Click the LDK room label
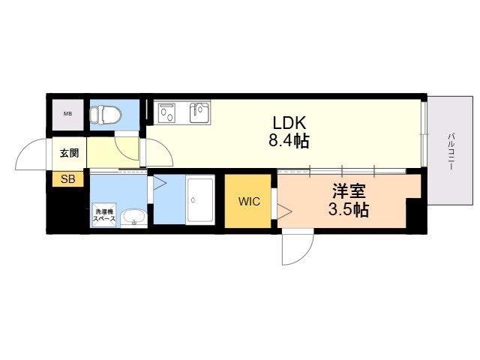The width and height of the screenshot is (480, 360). [289, 123]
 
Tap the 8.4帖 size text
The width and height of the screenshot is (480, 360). [289, 141]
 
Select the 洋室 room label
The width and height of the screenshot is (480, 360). [349, 192]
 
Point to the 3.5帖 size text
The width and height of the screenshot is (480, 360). [349, 210]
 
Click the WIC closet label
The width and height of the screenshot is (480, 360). [249, 202]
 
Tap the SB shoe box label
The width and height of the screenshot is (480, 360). [67, 178]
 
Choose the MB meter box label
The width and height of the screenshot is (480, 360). [67, 113]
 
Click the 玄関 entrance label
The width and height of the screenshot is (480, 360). [69, 153]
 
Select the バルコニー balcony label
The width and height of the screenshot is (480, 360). [451, 151]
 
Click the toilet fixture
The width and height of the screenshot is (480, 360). [105, 115]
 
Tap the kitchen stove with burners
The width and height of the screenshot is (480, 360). [166, 112]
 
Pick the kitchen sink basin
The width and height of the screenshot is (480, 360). [199, 112]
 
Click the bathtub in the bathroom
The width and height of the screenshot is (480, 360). [200, 200]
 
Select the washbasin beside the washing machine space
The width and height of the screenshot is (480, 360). [133, 218]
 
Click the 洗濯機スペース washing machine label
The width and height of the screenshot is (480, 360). [104, 215]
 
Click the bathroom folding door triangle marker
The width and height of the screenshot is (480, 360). [160, 184]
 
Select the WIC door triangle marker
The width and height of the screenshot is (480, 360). [284, 211]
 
